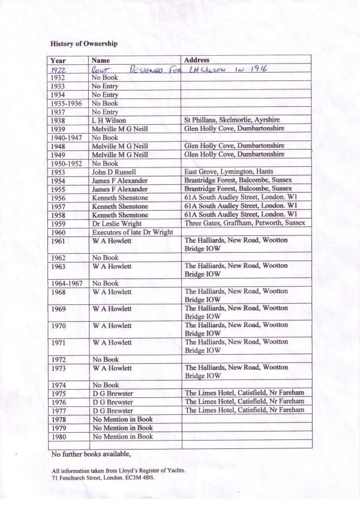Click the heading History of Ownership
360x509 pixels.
pyautogui.click(x=83, y=44)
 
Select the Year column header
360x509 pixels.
pyautogui.click(x=58, y=61)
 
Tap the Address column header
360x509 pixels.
pyautogui.click(x=197, y=61)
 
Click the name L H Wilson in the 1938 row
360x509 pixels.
pyautogui.click(x=109, y=120)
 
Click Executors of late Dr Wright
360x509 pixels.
pyautogui.click(x=132, y=232)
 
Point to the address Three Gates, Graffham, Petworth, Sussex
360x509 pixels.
pyautogui.click(x=245, y=223)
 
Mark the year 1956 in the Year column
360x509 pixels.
pyautogui.click(x=58, y=197)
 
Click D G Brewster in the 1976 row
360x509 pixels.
pyautogui.click(x=112, y=402)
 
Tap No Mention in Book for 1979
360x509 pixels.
pyautogui.click(x=122, y=427)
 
